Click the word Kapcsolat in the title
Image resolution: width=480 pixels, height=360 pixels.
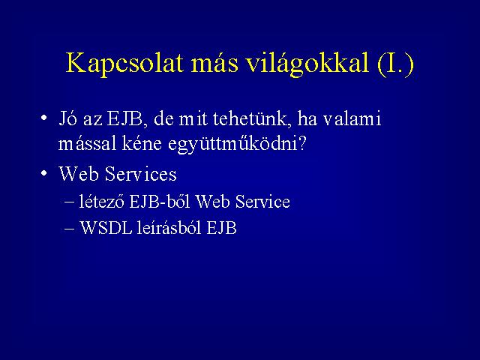point(124,64)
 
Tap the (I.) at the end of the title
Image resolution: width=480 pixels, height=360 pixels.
point(396,64)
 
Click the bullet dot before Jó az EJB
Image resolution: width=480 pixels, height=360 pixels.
point(43,118)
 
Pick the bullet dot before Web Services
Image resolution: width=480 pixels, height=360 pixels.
point(43,173)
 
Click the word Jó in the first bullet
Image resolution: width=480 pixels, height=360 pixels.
point(67,118)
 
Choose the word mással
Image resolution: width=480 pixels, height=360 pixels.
point(88,143)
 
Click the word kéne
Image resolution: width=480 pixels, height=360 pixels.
point(142,143)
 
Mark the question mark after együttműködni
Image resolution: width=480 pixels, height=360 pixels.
point(301,143)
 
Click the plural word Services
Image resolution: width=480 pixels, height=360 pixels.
point(140,173)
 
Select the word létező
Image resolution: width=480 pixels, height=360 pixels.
point(101,202)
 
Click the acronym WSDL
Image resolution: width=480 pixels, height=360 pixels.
point(106,227)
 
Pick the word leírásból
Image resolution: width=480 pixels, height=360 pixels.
point(169,227)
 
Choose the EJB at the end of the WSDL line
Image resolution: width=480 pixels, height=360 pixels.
point(222,227)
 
